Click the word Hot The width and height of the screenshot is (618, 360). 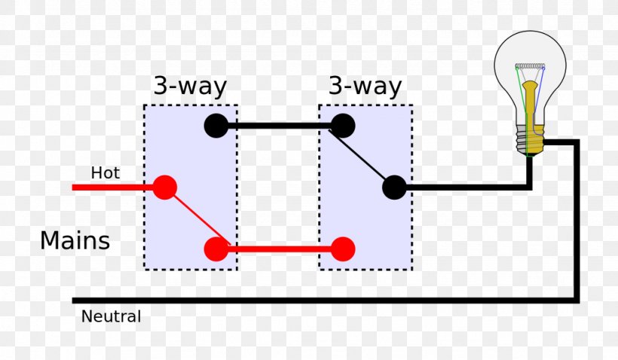(x=105, y=173)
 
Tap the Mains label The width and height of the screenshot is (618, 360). (x=75, y=241)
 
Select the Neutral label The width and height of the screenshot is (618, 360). (x=111, y=317)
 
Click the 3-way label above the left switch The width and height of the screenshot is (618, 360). (x=190, y=86)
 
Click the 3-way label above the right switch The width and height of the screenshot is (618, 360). (x=365, y=86)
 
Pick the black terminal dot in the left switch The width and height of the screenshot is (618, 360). (x=216, y=126)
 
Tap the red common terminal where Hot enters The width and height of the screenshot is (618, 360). (x=164, y=187)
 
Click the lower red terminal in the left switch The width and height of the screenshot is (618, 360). (x=216, y=249)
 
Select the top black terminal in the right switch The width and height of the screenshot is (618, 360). (x=343, y=126)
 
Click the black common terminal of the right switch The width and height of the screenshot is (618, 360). (x=394, y=188)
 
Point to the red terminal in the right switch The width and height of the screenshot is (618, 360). (x=343, y=249)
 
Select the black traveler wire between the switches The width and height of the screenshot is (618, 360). (x=279, y=126)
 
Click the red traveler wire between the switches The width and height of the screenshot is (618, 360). (x=279, y=249)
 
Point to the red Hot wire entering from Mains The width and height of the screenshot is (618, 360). (x=113, y=187)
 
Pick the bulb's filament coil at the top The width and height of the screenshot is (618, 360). (x=531, y=67)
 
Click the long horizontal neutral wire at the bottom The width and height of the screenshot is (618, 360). (x=324, y=300)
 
